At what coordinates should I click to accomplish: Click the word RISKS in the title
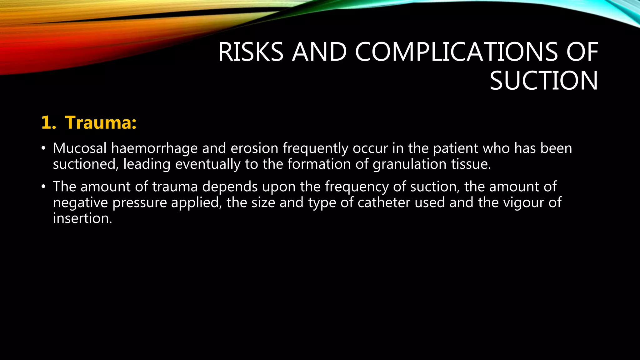click(x=251, y=52)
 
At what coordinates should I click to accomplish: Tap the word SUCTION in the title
click(x=544, y=81)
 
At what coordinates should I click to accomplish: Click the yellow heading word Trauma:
click(x=101, y=122)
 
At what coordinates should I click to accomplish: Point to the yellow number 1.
click(x=48, y=122)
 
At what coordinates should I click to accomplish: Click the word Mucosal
click(x=80, y=148)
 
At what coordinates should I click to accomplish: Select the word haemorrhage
click(x=154, y=148)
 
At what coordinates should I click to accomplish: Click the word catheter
click(x=384, y=202)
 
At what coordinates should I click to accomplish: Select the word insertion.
click(x=82, y=218)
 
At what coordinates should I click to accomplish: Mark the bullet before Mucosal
click(x=43, y=148)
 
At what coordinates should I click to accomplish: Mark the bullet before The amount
click(x=43, y=187)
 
